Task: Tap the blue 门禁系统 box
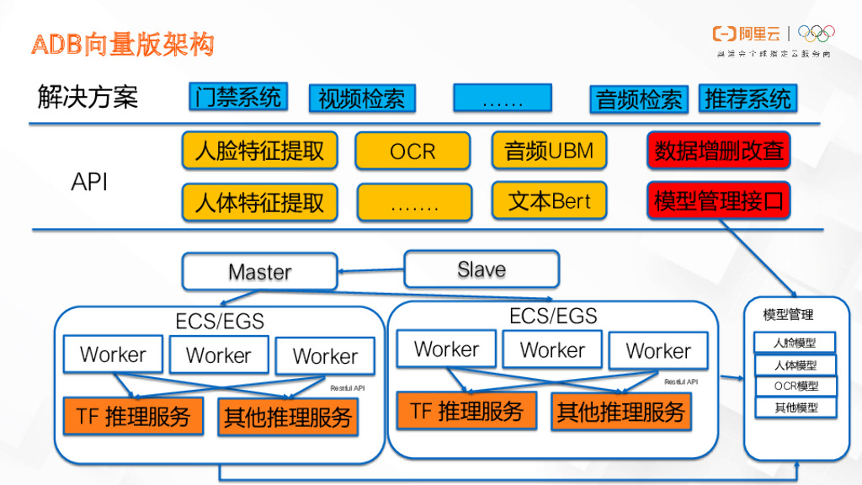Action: click(237, 97)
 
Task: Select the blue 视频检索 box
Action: click(361, 99)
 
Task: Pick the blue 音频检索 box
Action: click(639, 99)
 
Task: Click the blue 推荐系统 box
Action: click(748, 99)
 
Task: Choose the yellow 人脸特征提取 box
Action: click(259, 151)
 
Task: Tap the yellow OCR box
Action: click(412, 152)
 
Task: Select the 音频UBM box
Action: click(549, 151)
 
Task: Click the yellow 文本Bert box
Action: click(549, 201)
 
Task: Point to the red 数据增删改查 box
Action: click(719, 151)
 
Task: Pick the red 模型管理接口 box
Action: click(719, 201)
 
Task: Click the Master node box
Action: click(259, 272)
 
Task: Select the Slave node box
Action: click(482, 269)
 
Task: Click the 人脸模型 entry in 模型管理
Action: click(795, 343)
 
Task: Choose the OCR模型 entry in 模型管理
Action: click(795, 386)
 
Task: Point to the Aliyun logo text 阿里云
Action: click(759, 34)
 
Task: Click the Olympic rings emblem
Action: click(816, 34)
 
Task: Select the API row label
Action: click(88, 182)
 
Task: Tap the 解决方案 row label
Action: click(88, 98)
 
